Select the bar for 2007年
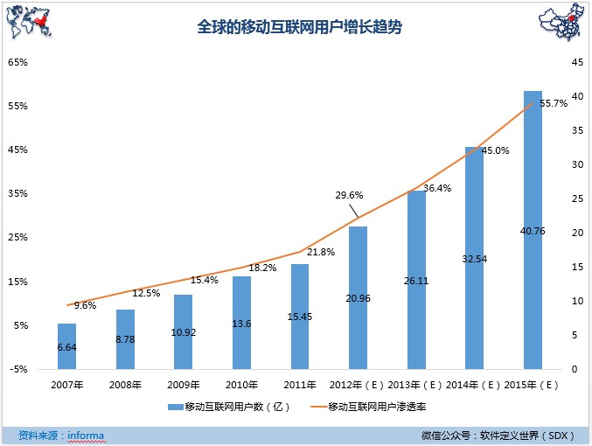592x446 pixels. coord(66,346)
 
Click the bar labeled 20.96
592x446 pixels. coord(358,297)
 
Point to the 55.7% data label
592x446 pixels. coord(554,103)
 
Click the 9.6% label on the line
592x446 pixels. coord(85,305)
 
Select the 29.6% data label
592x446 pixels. coord(349,195)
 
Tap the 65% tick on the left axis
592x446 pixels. coord(18,62)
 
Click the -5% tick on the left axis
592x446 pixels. coord(18,369)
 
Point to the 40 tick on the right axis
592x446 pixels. coord(576,96)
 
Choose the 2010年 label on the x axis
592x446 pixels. coord(241,384)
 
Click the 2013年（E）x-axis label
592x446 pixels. coord(414,384)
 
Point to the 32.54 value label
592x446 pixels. coord(474,259)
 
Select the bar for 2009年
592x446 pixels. coord(183,331)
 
